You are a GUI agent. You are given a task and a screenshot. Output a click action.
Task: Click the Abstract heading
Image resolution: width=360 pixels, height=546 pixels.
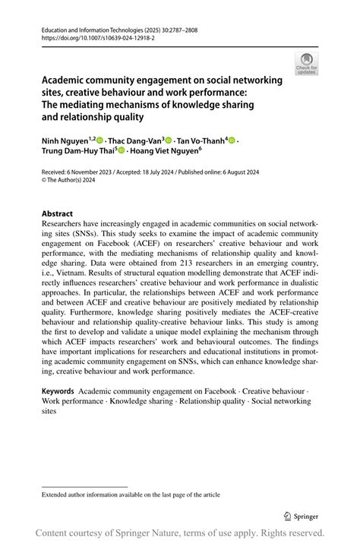pos(58,214)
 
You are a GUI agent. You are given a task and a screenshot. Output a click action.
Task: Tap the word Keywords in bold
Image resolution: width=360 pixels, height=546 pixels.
pos(58,390)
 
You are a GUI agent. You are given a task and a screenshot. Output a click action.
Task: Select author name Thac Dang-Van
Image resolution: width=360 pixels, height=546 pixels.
pos(136,140)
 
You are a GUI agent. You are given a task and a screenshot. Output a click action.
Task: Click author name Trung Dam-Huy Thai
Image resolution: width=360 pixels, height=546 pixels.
pos(75,151)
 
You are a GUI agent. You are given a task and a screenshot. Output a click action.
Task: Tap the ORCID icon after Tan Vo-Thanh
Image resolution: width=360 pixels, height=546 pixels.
pos(232,141)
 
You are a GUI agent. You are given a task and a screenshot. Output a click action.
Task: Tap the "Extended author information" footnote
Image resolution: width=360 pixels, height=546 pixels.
pos(131,494)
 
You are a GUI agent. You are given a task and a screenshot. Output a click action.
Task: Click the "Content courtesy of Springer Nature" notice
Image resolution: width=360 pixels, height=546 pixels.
pos(180,532)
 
